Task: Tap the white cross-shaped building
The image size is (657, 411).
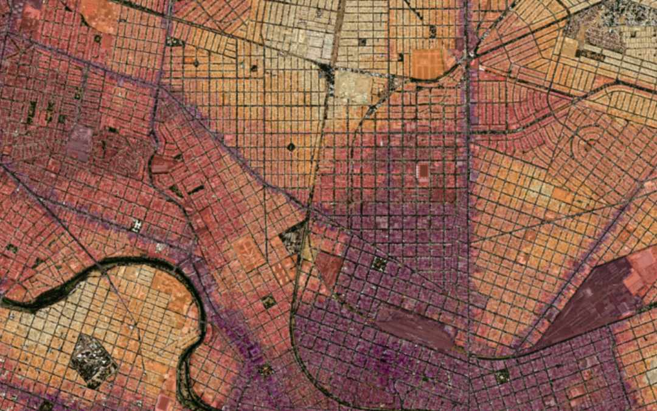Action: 136,225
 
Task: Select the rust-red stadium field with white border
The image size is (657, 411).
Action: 423,172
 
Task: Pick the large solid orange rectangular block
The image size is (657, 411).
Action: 429,63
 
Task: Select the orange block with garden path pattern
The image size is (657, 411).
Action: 249,252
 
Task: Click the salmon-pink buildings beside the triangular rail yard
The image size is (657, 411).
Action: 639,271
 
